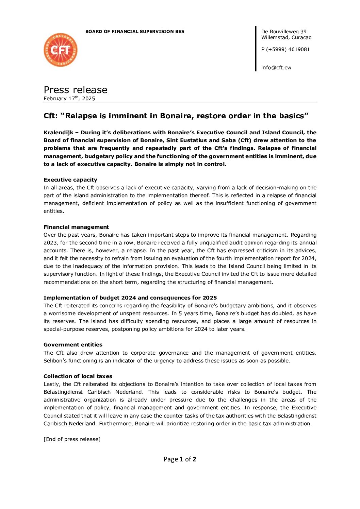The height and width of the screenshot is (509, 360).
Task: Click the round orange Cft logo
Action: point(61,50)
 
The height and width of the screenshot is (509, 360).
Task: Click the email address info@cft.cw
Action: point(276,68)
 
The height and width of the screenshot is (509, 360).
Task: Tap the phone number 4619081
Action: point(299,49)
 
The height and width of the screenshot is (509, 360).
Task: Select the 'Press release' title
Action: point(75,90)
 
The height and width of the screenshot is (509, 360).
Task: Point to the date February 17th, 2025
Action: point(69,99)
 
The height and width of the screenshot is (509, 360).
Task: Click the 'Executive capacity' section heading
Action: point(70,180)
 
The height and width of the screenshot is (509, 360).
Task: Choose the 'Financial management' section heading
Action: point(76,227)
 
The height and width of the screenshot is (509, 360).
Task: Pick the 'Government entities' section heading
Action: point(73,345)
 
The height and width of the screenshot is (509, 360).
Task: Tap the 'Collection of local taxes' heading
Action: point(78,376)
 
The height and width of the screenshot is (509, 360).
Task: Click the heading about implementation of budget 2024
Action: point(130,298)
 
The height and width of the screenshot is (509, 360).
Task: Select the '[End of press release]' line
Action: point(72,439)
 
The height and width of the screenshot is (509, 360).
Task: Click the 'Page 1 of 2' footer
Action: point(180,459)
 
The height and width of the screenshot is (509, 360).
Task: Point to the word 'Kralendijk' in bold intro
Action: point(58,133)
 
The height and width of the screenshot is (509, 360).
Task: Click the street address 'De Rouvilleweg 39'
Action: point(284,32)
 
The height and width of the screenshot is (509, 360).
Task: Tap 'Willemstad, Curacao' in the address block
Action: point(286,37)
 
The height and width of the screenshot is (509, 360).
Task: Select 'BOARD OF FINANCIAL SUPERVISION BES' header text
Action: point(135,32)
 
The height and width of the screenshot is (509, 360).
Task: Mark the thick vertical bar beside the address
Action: point(256,49)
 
